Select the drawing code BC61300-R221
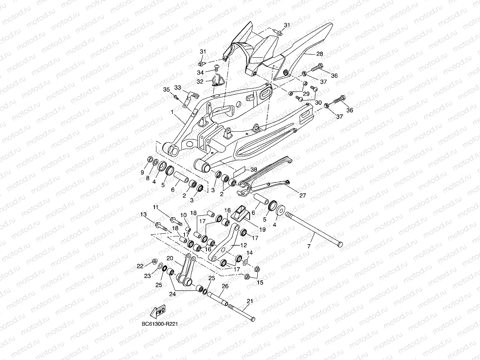(160, 324)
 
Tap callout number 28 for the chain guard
(320, 54)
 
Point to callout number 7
(309, 246)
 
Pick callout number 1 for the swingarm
(172, 112)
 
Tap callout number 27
(302, 196)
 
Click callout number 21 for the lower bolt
(250, 301)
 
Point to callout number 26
(225, 286)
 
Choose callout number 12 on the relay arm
(243, 245)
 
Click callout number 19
(262, 229)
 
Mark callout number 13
(143, 214)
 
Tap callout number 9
(143, 172)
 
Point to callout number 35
(166, 90)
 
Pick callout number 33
(178, 87)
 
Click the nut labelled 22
(154, 261)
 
